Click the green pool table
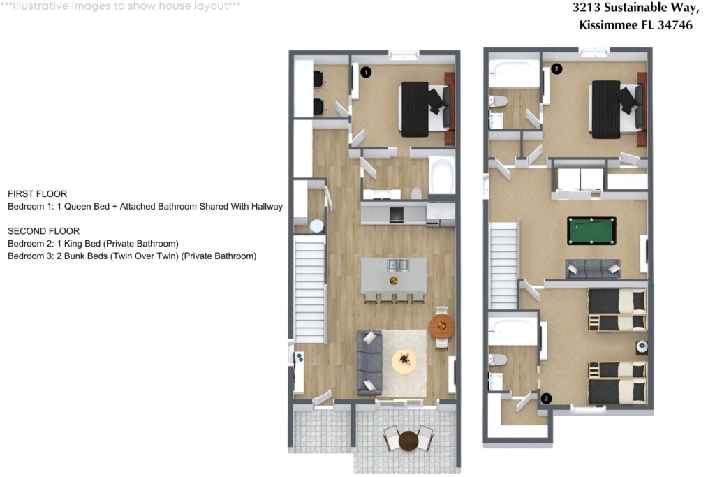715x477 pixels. pyautogui.click(x=591, y=230)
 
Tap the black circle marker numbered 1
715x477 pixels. pyautogui.click(x=366, y=72)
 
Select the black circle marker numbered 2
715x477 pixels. pyautogui.click(x=556, y=69)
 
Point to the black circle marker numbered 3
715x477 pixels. pyautogui.click(x=546, y=399)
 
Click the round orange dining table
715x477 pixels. pyautogui.click(x=441, y=325)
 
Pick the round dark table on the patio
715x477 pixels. pyautogui.click(x=408, y=441)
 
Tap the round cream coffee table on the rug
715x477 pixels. pyautogui.click(x=404, y=360)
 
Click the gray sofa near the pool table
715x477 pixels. pyautogui.click(x=593, y=269)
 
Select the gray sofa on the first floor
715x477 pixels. pyautogui.click(x=369, y=362)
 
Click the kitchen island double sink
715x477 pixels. pyautogui.click(x=397, y=265)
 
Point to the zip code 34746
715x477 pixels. pyautogui.click(x=675, y=24)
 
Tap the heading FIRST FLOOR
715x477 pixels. pyautogui.click(x=38, y=194)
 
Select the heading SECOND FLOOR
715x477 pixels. pyautogui.click(x=44, y=231)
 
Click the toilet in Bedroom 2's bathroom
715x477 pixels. pyautogui.click(x=498, y=101)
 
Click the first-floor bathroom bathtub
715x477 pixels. pyautogui.click(x=442, y=175)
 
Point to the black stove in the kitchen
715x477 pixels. pyautogui.click(x=397, y=214)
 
